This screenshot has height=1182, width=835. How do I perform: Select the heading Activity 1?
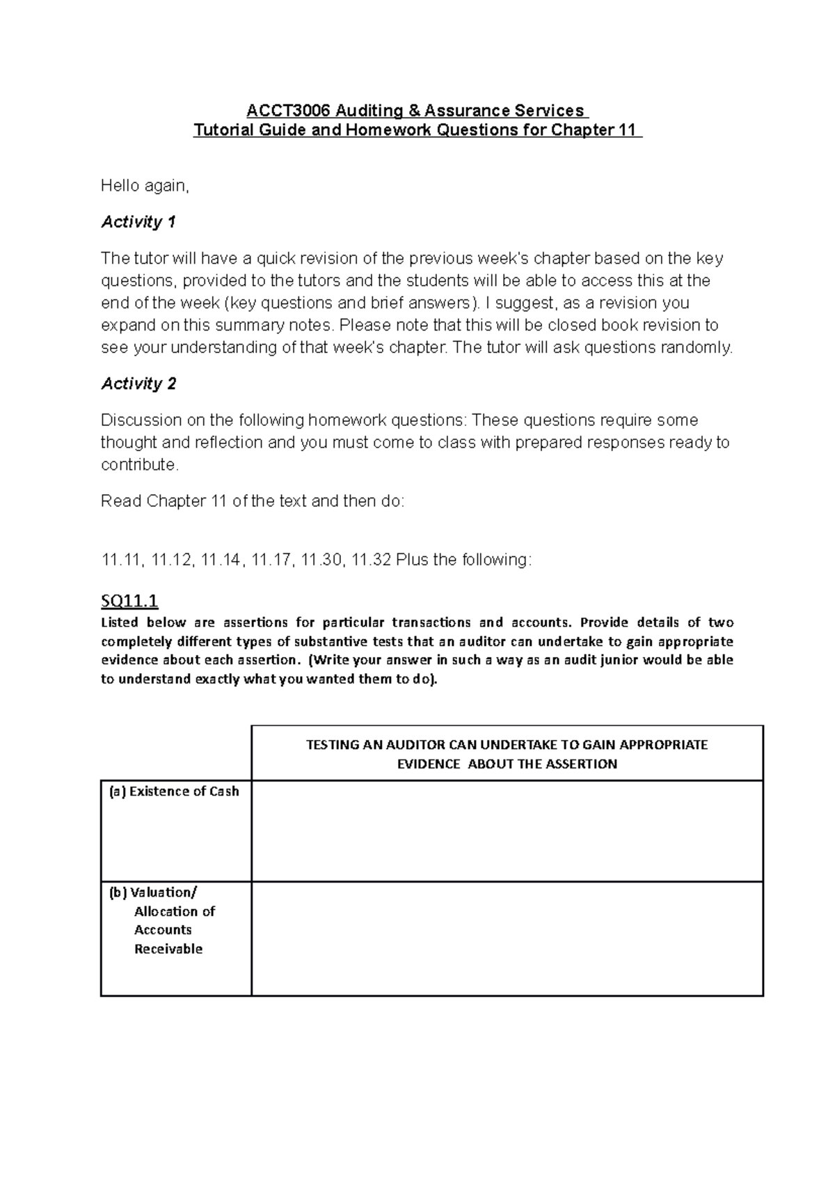(138, 222)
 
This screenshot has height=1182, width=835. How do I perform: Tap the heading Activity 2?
(138, 384)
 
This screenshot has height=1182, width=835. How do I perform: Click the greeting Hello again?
(145, 186)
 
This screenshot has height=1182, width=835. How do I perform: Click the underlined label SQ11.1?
(130, 600)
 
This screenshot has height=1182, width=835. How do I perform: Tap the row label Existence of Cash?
(175, 791)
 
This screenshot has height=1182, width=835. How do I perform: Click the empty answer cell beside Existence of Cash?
(507, 831)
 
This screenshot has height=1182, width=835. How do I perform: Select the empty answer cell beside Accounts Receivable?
(507, 938)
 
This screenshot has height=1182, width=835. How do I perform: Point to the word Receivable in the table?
(168, 949)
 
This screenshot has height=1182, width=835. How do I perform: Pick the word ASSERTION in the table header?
(583, 764)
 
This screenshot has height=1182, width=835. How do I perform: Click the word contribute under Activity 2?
(139, 465)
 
